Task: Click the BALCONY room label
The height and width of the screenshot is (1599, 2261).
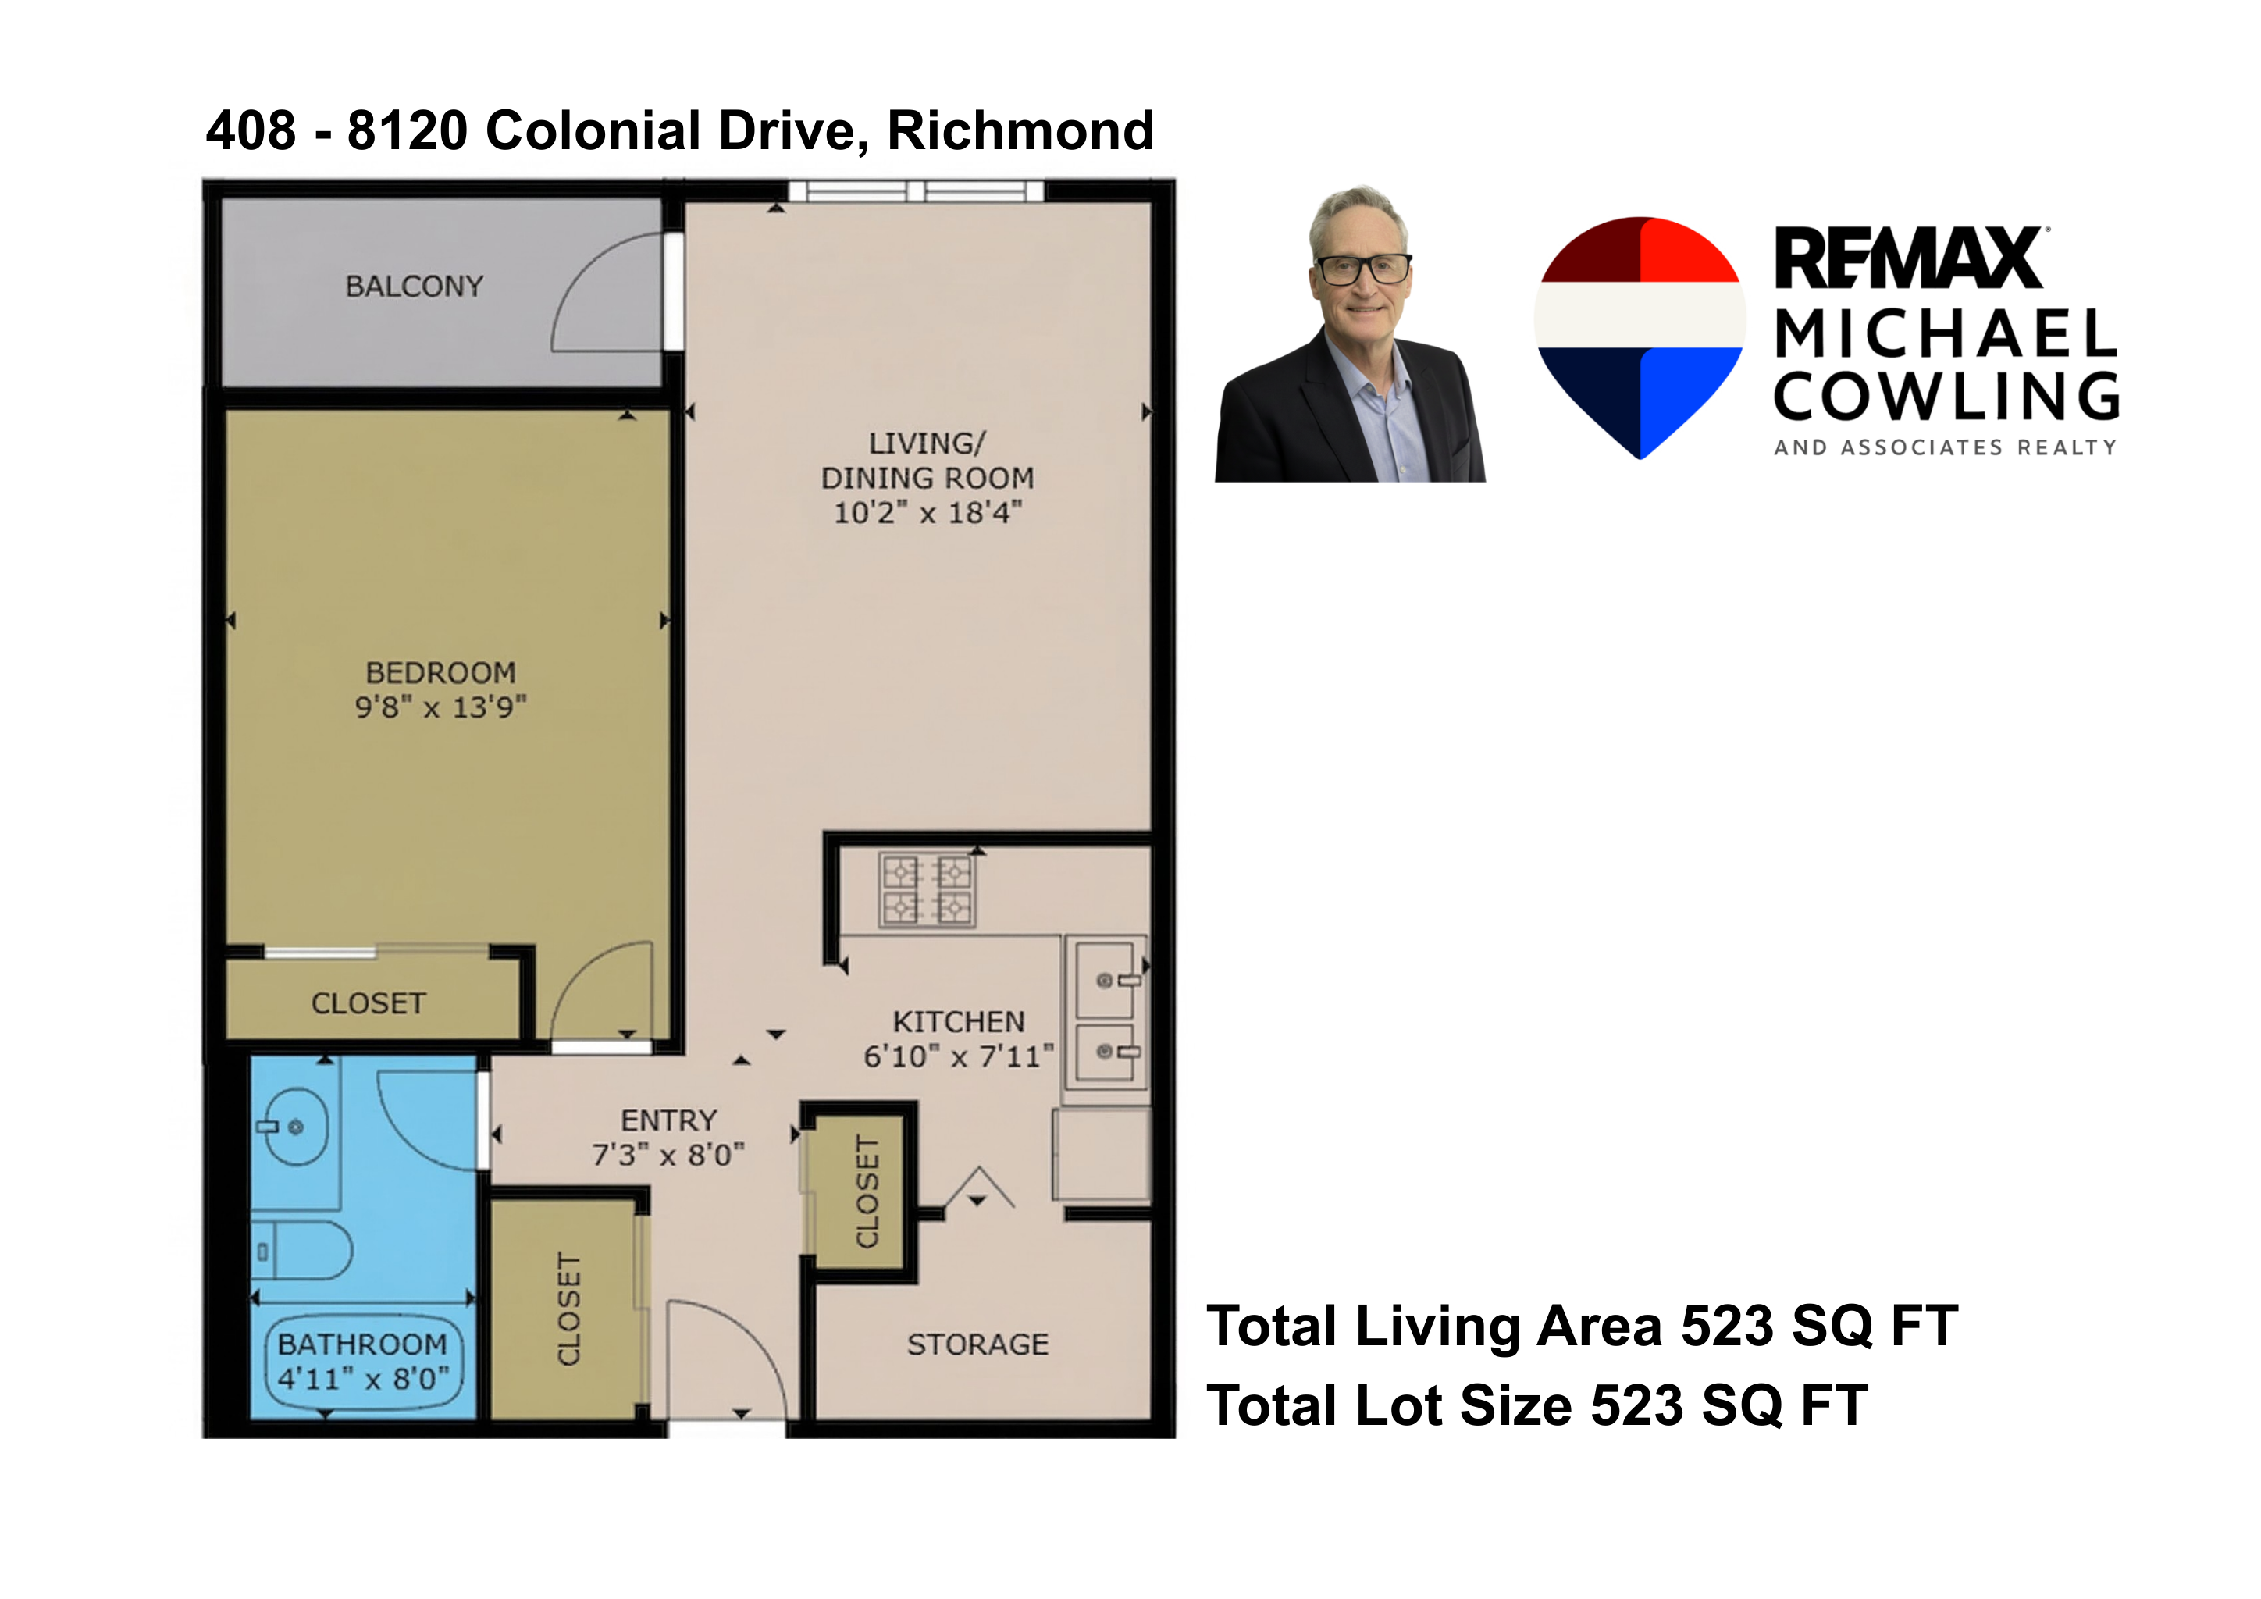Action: tap(414, 287)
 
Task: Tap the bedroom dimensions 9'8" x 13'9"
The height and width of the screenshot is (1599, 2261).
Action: tap(440, 707)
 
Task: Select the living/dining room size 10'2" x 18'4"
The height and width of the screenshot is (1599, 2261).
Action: tap(928, 513)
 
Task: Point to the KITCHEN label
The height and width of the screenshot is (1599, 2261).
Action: tap(958, 1022)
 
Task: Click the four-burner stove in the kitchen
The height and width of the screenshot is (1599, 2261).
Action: tap(927, 890)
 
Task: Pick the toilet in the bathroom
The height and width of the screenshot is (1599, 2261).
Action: tap(303, 1251)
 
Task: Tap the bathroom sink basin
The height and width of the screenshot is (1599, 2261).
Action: tap(295, 1127)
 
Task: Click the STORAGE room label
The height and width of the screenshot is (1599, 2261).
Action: tap(977, 1345)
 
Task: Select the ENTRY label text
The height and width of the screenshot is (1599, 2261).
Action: tap(668, 1120)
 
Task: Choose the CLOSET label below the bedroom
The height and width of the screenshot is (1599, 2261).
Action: tap(369, 1003)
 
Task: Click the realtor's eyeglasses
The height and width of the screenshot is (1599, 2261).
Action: tap(1363, 268)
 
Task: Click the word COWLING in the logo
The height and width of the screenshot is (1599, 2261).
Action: tap(1945, 397)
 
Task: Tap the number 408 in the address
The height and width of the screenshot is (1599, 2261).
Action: tap(250, 131)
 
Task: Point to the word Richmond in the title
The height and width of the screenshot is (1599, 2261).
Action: tap(1020, 131)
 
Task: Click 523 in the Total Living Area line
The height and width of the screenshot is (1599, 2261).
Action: tap(1726, 1327)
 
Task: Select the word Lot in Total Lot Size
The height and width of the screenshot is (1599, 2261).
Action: tap(1399, 1405)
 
